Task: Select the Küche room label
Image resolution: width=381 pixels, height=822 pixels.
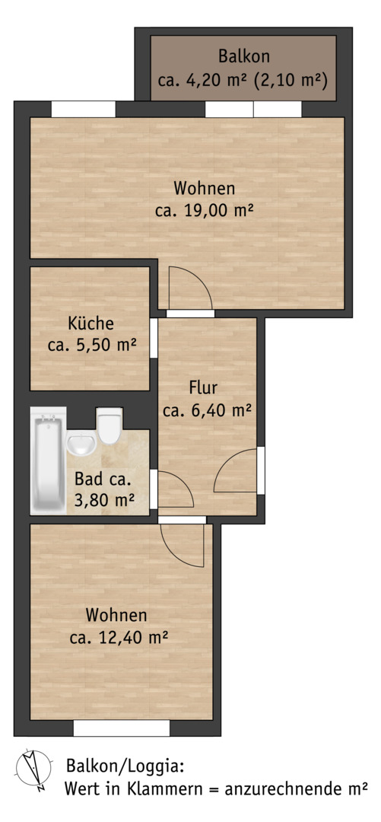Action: [x=90, y=323]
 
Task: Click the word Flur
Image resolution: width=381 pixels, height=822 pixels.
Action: [x=203, y=388]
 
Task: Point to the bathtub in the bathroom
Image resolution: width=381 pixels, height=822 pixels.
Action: [x=48, y=460]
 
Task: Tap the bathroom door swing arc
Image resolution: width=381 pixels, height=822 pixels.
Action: [x=176, y=489]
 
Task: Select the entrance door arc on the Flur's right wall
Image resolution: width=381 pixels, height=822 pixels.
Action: [x=235, y=470]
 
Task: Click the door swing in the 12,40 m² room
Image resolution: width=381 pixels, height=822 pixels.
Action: [x=182, y=545]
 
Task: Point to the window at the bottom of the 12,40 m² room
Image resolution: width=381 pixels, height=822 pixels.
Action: [x=122, y=728]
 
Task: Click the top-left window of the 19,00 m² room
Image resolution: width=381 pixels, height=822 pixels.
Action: [x=84, y=109]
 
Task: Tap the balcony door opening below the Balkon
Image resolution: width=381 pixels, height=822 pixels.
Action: [x=253, y=109]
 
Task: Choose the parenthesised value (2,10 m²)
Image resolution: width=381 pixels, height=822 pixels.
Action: [x=289, y=81]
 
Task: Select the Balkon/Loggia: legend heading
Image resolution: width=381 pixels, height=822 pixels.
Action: [x=125, y=766]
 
